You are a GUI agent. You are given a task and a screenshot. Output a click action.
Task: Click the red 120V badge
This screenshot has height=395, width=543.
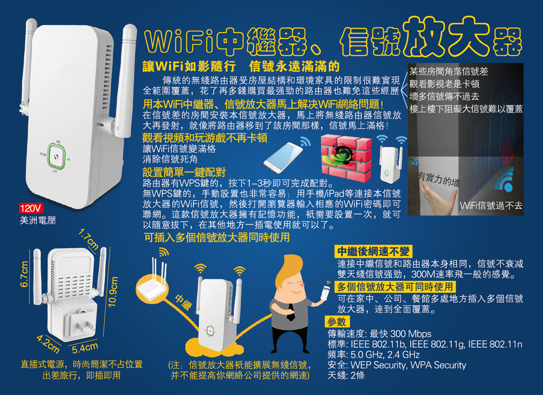(x=31, y=208)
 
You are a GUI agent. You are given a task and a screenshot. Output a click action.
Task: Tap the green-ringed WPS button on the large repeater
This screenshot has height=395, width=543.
(x=56, y=157)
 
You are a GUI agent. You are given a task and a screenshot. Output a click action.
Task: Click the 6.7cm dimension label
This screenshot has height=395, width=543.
(x=24, y=274)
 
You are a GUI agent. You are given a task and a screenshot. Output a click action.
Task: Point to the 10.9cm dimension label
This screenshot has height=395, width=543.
(x=113, y=291)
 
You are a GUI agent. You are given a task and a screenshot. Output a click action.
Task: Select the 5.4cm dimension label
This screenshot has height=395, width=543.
(x=85, y=347)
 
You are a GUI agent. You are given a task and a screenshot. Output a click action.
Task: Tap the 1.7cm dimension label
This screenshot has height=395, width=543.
(x=88, y=239)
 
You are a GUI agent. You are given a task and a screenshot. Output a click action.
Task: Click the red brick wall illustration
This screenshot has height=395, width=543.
(x=346, y=158)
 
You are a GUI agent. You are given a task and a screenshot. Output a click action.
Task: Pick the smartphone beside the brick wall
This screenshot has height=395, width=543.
(x=282, y=158)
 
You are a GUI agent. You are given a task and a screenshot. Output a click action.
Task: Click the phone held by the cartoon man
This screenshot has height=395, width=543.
(x=325, y=293)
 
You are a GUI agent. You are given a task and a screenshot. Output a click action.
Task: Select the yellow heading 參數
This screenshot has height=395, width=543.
(x=337, y=322)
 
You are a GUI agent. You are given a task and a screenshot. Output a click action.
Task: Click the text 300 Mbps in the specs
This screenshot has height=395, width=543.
(x=411, y=334)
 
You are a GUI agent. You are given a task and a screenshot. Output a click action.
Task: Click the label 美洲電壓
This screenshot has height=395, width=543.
(x=38, y=220)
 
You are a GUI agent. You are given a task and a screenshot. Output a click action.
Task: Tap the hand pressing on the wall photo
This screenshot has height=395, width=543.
(x=436, y=198)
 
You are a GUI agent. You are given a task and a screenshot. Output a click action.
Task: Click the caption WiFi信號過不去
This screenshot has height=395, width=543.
(x=491, y=205)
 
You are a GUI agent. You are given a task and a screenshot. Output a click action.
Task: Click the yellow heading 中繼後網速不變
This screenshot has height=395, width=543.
(x=373, y=251)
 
